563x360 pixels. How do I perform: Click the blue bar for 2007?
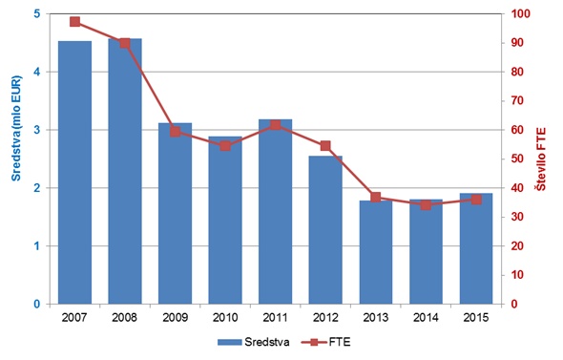[74, 173]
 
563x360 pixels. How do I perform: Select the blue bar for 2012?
[325, 230]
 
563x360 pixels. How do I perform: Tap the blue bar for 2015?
[476, 248]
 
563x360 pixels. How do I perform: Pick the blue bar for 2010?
[225, 221]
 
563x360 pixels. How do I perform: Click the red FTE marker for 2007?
[74, 22]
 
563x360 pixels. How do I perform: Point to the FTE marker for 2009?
[175, 132]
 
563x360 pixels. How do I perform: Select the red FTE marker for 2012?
[325, 146]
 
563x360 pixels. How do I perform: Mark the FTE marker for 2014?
[426, 205]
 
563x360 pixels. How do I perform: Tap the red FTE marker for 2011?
[276, 125]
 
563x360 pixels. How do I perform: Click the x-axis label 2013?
[376, 318]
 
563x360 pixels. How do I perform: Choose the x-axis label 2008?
[125, 318]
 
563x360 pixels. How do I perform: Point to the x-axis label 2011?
[276, 318]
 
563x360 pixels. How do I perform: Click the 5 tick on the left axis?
[37, 13]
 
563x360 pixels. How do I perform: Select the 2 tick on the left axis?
[37, 188]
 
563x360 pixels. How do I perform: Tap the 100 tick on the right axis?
[521, 13]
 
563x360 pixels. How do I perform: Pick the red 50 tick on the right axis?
[517, 159]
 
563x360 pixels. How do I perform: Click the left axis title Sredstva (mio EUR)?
[16, 128]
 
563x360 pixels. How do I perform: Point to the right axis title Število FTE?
[541, 159]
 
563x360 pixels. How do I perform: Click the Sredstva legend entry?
[254, 342]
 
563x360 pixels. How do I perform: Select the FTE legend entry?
[326, 342]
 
